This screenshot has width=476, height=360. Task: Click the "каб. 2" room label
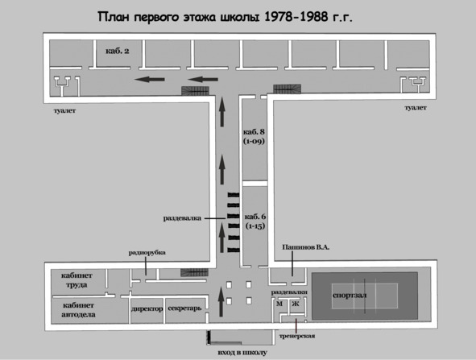[118, 51]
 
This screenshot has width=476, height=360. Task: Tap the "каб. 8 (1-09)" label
[254, 137]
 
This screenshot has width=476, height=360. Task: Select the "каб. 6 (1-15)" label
[255, 221]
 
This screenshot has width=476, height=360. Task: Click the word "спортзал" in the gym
[350, 296]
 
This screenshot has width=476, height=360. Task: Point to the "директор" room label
[147, 309]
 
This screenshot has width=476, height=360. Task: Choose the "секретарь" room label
[184, 308]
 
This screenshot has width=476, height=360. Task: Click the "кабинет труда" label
[77, 280]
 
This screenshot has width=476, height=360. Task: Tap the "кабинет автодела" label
[78, 310]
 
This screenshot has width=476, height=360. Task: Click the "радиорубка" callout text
[147, 253]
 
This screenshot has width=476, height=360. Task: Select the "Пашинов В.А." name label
[306, 247]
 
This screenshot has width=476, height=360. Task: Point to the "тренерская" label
[297, 336]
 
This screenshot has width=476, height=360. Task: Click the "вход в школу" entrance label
[242, 353]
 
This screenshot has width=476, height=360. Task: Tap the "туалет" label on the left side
[64, 111]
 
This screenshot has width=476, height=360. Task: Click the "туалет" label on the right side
[416, 108]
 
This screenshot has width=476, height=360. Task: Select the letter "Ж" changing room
[296, 304]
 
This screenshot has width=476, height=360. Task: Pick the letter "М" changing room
[279, 304]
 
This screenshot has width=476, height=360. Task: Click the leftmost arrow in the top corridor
[149, 79]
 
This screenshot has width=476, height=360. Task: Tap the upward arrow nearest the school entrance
[221, 302]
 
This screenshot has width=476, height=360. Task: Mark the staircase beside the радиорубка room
[194, 272]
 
